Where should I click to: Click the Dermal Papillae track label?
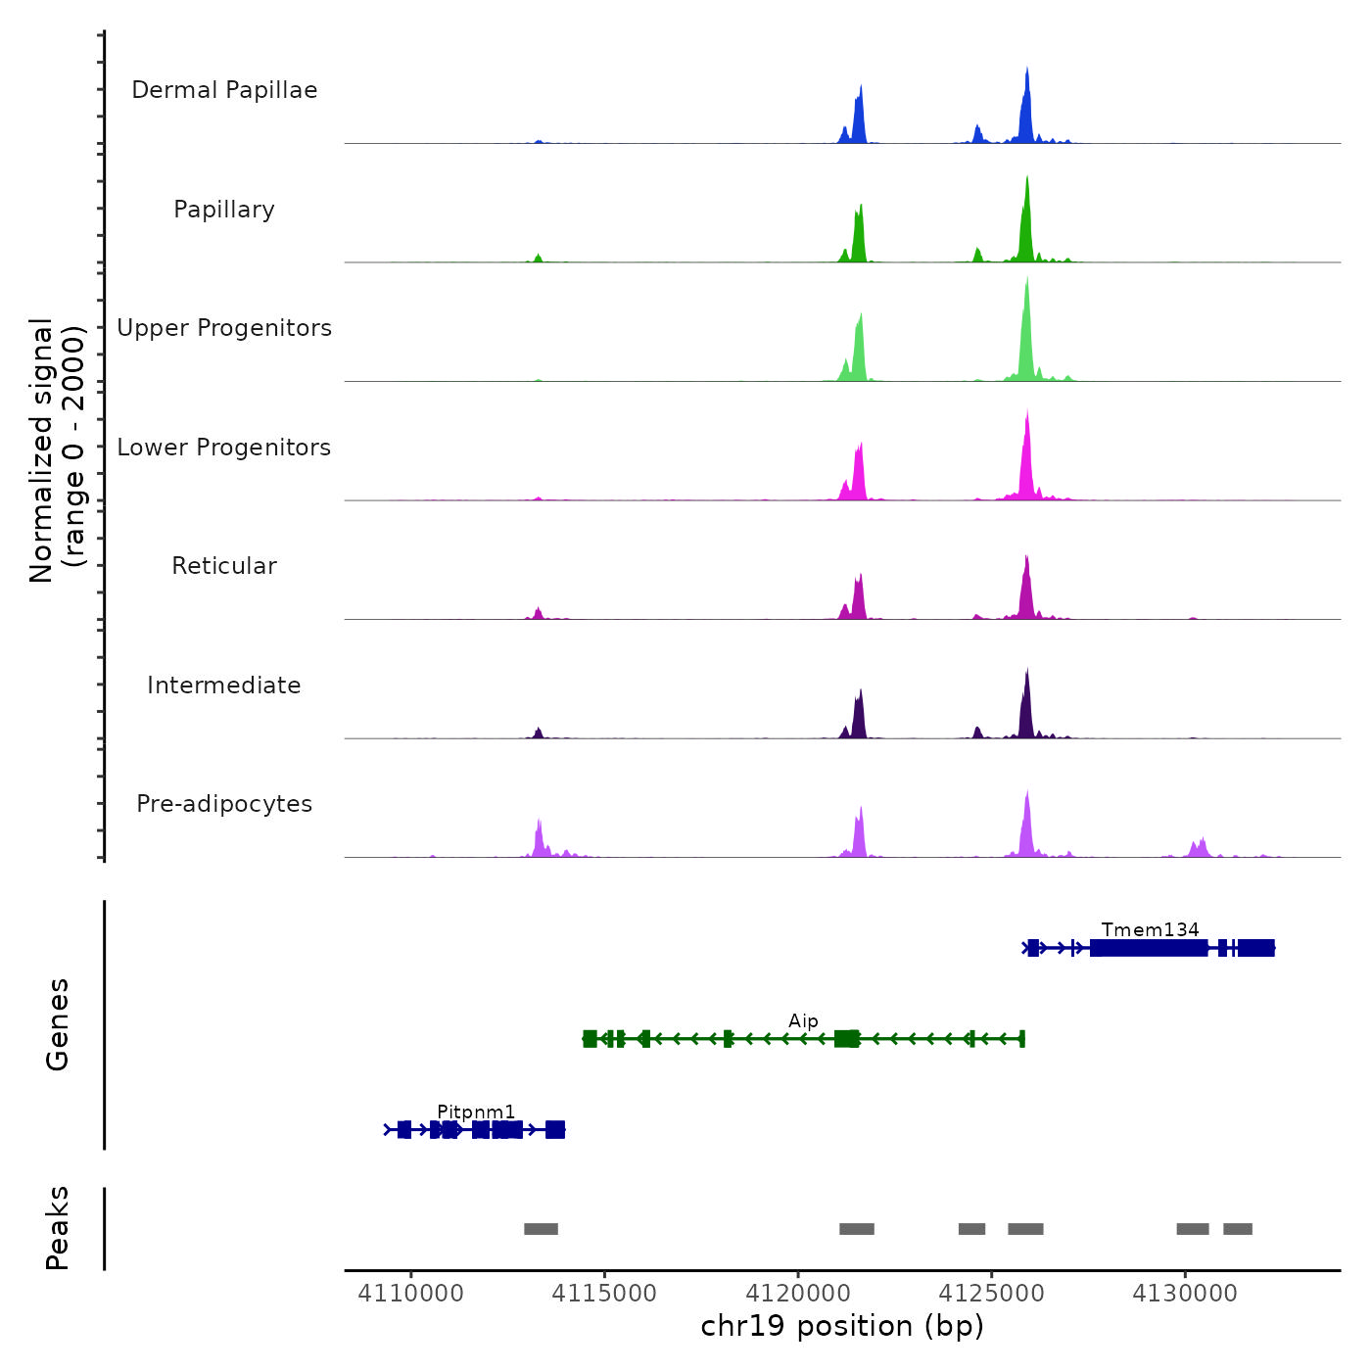point(224,90)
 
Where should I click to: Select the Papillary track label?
point(224,210)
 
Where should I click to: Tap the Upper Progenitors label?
point(224,328)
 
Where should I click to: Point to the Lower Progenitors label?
point(224,448)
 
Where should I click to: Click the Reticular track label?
point(224,566)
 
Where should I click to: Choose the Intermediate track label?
point(224,685)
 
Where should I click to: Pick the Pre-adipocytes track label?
point(224,804)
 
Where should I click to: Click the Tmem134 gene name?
point(1150,929)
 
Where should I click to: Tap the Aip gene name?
point(803,1020)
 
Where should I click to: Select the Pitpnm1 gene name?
point(476,1111)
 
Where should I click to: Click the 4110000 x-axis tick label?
point(410,1294)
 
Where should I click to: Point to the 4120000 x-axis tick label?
point(797,1294)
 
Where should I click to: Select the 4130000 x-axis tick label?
point(1185,1294)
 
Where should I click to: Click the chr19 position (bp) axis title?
point(842,1326)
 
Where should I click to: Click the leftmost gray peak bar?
point(541,1229)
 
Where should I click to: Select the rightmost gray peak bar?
point(1238,1229)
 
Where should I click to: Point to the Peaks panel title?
point(58,1228)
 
